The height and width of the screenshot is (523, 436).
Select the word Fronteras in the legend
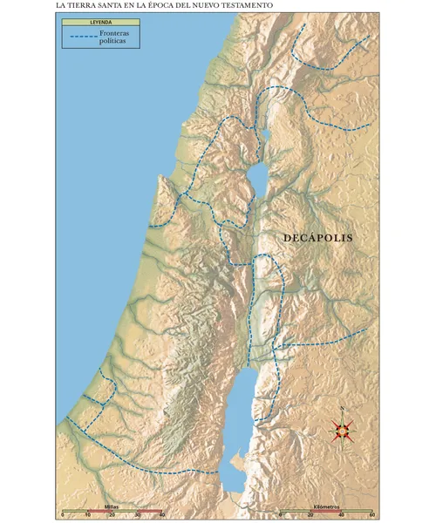(x=117, y=33)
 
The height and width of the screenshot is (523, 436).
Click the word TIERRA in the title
(x=84, y=5)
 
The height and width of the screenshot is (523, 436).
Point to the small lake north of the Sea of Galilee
(x=265, y=134)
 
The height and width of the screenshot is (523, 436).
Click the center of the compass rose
(x=342, y=429)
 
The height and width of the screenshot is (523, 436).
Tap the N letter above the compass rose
(x=342, y=409)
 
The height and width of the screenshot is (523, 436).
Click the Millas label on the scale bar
(x=112, y=506)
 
